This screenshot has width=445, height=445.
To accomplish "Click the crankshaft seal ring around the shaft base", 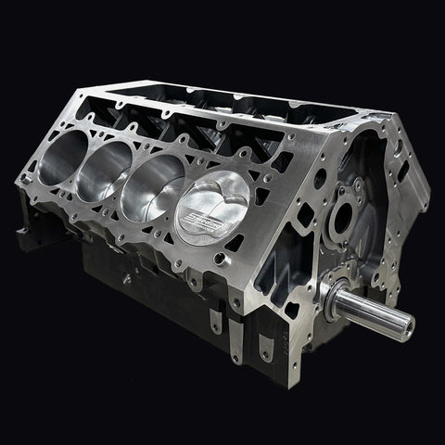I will pyautogui.click(x=331, y=285).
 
